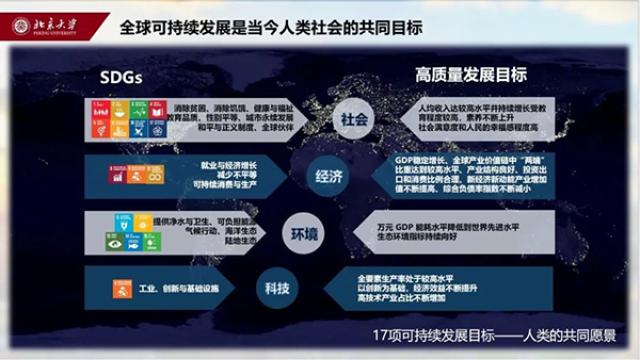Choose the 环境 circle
click(x=304, y=234)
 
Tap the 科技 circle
click(x=279, y=288)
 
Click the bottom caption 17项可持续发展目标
click(x=499, y=337)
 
